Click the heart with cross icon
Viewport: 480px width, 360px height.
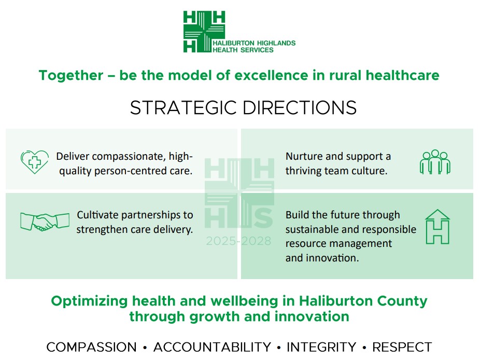pos(34,162)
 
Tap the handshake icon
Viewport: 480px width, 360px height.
pos(45,221)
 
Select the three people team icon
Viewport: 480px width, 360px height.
pos(434,162)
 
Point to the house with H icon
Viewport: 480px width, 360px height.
pos(437,227)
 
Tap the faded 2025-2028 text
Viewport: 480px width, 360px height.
pos(238,241)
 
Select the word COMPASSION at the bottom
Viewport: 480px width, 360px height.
pos(91,347)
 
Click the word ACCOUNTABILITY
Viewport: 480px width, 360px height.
pos(212,347)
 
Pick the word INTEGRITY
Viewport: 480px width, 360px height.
pos(321,347)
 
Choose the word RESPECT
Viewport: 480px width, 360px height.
pos(402,347)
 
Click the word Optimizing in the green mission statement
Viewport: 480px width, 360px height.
pos(89,301)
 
